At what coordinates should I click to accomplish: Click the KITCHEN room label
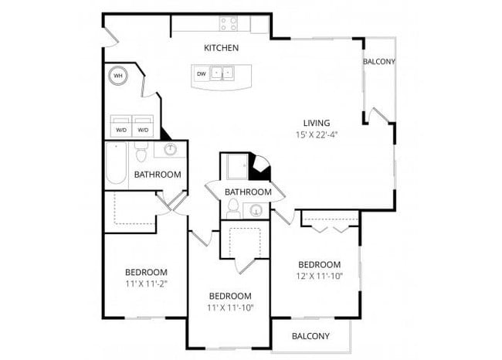(x=221, y=48)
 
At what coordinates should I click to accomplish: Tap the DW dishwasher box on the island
(x=201, y=74)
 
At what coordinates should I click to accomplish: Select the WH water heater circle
(x=118, y=76)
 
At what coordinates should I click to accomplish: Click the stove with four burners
(x=228, y=24)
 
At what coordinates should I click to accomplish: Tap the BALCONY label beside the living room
(x=379, y=62)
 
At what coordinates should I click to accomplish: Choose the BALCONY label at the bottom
(x=310, y=336)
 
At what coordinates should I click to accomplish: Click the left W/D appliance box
(x=121, y=128)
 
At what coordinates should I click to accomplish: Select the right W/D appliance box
(x=144, y=128)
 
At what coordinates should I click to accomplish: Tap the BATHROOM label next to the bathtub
(x=158, y=175)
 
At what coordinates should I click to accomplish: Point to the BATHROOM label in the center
(x=248, y=192)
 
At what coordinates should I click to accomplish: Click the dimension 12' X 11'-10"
(x=319, y=276)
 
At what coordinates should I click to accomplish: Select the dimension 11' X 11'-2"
(x=146, y=284)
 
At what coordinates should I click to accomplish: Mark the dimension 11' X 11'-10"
(x=230, y=307)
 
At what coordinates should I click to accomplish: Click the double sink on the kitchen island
(x=224, y=74)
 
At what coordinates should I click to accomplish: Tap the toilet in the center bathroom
(x=232, y=208)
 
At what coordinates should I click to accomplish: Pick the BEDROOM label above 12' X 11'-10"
(x=319, y=264)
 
